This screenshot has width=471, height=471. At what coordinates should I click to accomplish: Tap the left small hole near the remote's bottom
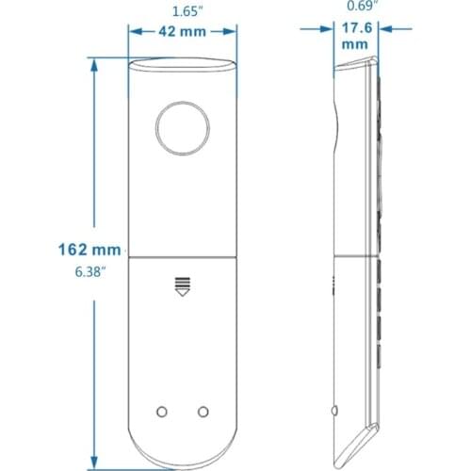161,411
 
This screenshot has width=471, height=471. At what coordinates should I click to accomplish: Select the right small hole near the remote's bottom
203,411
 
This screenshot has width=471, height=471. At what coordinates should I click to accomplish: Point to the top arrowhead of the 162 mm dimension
94,64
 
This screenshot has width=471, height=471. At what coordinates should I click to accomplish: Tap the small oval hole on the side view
336,411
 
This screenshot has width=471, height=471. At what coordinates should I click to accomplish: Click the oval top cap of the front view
182,66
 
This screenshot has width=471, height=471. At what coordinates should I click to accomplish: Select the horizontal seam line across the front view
182,257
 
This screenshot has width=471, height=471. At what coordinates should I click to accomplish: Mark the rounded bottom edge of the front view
182,463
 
